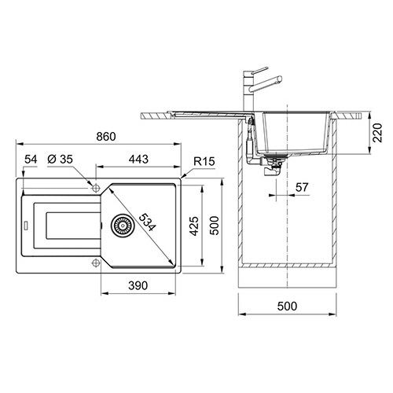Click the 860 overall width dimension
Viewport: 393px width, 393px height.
106,137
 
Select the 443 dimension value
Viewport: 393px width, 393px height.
138,159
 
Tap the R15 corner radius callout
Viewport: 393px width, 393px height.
204,161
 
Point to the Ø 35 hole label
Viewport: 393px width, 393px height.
60,159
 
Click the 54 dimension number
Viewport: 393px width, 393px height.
31,159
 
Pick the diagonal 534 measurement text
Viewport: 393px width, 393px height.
147,222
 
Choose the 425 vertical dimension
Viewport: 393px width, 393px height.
194,226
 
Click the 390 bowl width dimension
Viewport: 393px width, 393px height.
138,285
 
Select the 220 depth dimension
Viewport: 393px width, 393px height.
377,133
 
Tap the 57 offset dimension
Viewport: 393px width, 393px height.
302,187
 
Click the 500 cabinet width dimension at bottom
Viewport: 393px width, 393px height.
287,306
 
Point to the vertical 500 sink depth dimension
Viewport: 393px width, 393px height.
215,226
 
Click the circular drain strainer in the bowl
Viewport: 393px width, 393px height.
123,226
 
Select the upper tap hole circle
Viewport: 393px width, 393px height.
96,188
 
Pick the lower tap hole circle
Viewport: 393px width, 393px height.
96,263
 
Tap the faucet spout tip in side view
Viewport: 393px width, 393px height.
280,79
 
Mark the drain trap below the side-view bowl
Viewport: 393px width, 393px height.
273,167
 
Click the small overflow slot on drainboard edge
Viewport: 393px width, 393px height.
26,226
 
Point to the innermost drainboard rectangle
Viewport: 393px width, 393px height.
73,226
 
